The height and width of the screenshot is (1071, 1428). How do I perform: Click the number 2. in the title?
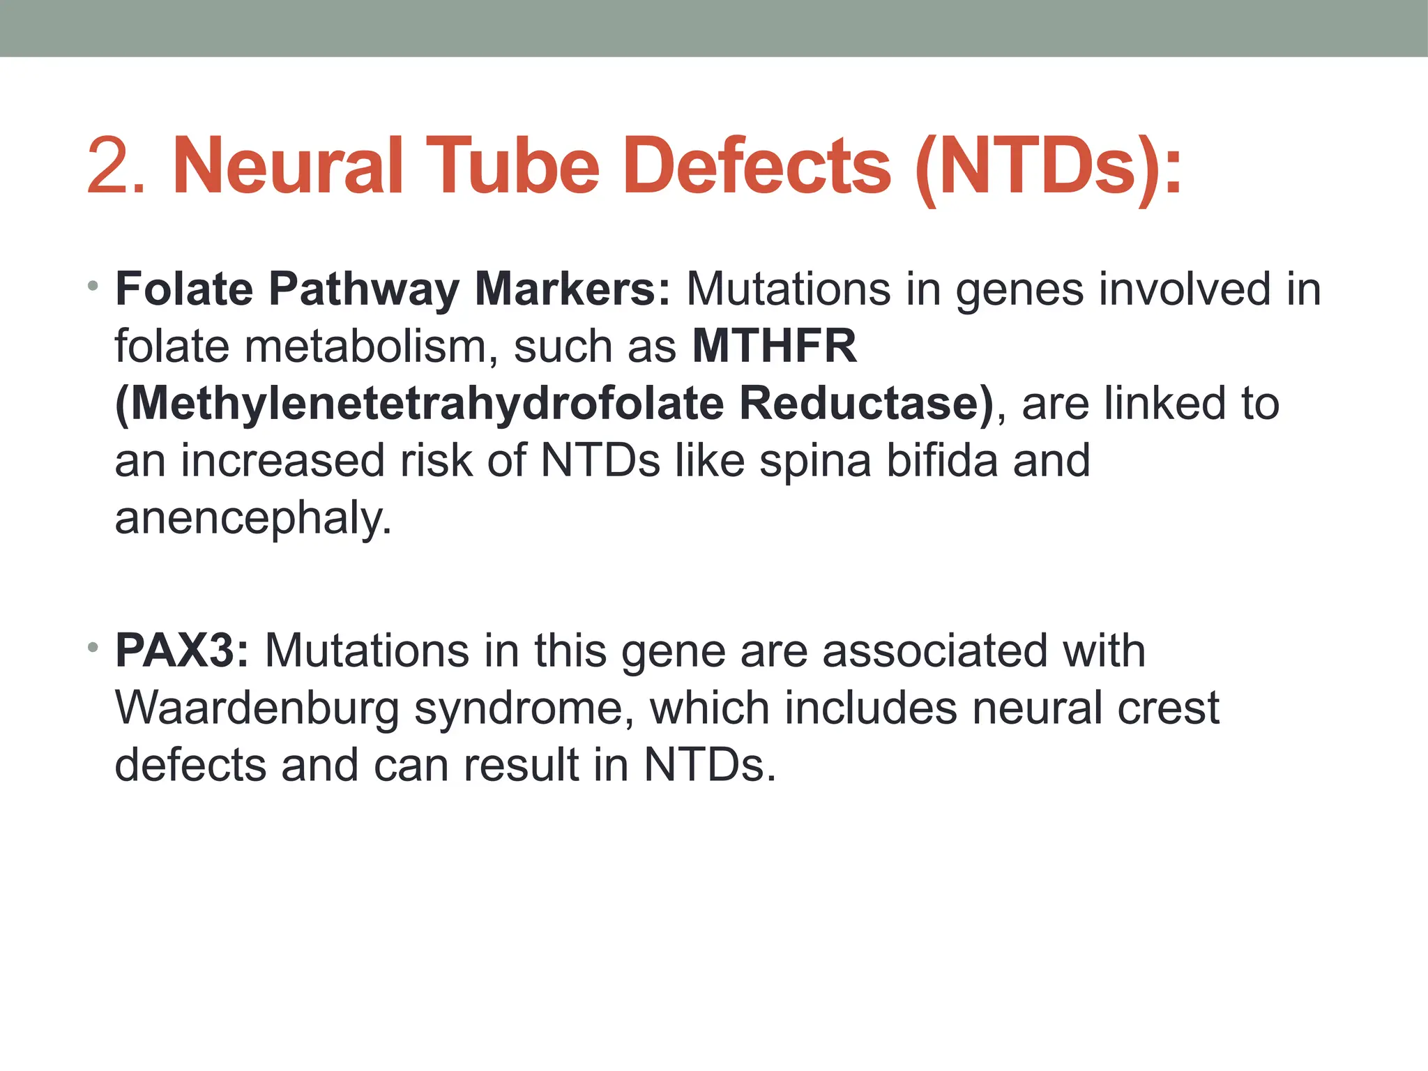click(116, 167)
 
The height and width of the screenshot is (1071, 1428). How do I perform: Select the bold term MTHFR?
click(774, 346)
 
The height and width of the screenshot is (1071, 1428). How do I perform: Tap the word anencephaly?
click(252, 519)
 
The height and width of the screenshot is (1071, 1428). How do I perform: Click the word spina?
click(815, 461)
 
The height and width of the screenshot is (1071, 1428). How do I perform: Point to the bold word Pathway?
click(363, 289)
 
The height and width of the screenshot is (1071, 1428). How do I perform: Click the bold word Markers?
click(572, 289)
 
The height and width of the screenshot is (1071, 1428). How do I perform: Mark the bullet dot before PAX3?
click(93, 648)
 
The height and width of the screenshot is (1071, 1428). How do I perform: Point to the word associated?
click(934, 651)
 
